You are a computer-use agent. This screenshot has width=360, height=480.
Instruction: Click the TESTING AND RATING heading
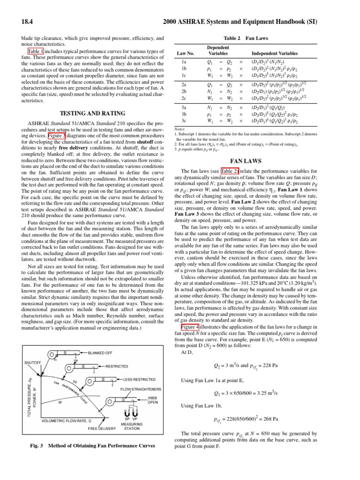[x=94, y=113]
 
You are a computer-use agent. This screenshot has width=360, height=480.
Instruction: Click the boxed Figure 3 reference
[x=56, y=136]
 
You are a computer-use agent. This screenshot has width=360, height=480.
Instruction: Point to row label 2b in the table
[x=184, y=92]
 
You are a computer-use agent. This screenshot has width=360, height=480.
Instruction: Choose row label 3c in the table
[x=184, y=120]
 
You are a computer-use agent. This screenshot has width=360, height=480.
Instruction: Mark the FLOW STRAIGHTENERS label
[x=141, y=390]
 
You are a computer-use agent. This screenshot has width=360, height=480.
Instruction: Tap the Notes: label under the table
[x=180, y=129]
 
